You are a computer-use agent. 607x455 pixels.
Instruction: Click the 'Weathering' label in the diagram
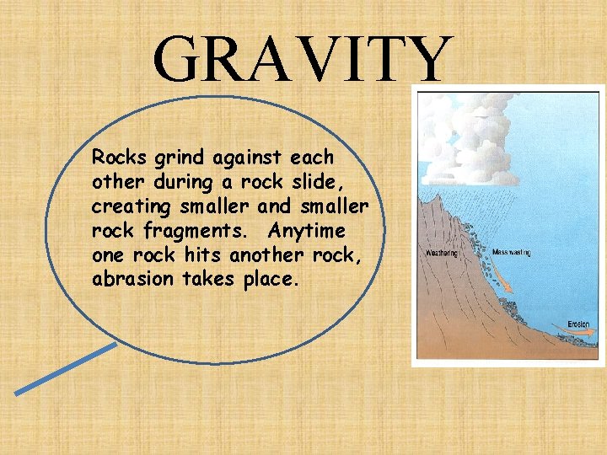coord(443,252)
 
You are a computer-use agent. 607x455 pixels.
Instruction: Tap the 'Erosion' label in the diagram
coord(578,324)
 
